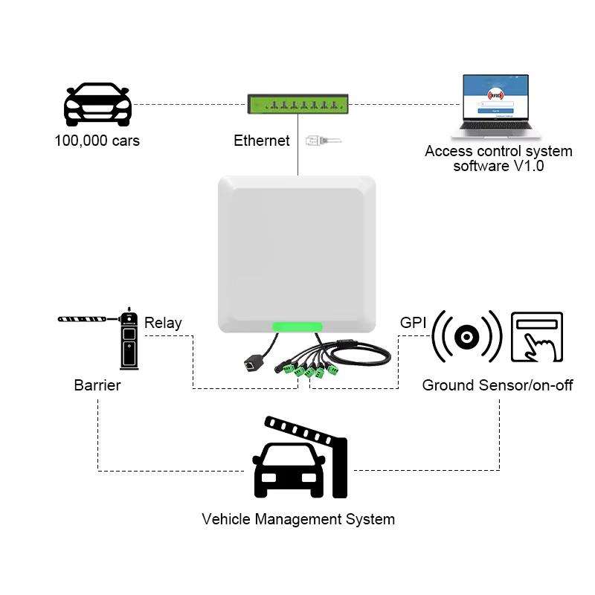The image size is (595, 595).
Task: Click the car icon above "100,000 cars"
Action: point(97,105)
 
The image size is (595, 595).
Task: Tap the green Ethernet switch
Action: point(297,104)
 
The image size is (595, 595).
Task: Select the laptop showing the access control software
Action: point(495,106)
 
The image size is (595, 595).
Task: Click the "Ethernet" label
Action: point(261,141)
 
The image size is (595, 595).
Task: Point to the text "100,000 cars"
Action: point(97,141)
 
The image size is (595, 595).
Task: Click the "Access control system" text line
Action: point(498,151)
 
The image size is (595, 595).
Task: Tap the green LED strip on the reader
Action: point(297,327)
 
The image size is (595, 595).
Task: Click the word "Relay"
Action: point(163,323)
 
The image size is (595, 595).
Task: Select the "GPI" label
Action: point(414,322)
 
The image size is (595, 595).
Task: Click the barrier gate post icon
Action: point(129,340)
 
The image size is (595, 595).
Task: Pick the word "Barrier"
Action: point(97,385)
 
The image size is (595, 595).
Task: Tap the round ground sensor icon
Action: point(466,337)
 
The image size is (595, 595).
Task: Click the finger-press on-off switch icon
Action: point(537,337)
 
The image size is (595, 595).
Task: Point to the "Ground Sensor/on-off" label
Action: point(498,385)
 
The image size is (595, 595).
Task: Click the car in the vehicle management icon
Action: point(289,470)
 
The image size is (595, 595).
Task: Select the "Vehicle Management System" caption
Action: point(298,519)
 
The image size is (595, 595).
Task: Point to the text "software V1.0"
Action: point(498,166)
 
